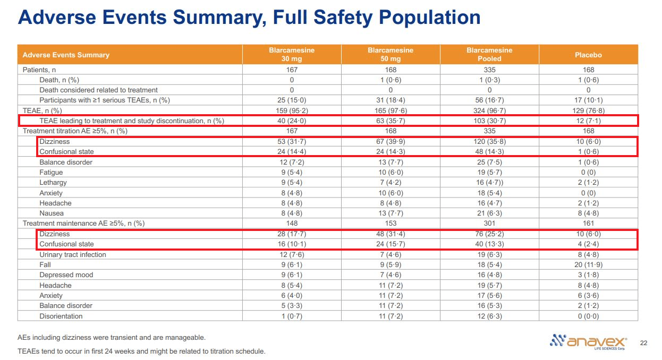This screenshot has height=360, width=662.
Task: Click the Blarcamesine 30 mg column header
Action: pyautogui.click(x=291, y=55)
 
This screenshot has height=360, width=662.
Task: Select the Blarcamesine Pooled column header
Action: pyautogui.click(x=489, y=55)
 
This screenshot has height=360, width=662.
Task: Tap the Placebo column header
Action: pyautogui.click(x=588, y=55)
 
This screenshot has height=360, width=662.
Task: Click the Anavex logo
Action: pyautogui.click(x=589, y=341)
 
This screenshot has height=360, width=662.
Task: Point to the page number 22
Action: pyautogui.click(x=644, y=342)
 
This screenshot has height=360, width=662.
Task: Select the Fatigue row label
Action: pyautogui.click(x=51, y=172)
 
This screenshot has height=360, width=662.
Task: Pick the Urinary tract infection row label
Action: pyautogui.click(x=73, y=254)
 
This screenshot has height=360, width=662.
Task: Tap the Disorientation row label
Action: pyautogui.click(x=61, y=316)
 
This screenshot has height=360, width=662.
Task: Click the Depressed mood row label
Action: pyautogui.click(x=66, y=275)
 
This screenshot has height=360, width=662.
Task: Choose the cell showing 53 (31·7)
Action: pyautogui.click(x=291, y=142)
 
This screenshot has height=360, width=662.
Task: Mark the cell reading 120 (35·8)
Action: pyautogui.click(x=489, y=142)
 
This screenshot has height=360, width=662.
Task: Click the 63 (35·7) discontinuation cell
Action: pyautogui.click(x=391, y=121)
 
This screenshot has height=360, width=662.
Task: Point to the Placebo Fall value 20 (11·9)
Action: pyautogui.click(x=588, y=265)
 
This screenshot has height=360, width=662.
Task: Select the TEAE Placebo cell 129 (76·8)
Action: pyautogui.click(x=588, y=110)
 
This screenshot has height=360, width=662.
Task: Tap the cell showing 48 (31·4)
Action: pyautogui.click(x=391, y=234)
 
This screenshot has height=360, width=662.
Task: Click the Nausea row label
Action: pyautogui.click(x=51, y=213)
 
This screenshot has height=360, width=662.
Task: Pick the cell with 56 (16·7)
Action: pyautogui.click(x=489, y=100)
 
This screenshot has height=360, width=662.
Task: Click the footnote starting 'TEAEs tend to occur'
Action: pyautogui.click(x=141, y=351)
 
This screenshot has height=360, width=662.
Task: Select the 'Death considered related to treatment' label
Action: pyautogui.click(x=98, y=90)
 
